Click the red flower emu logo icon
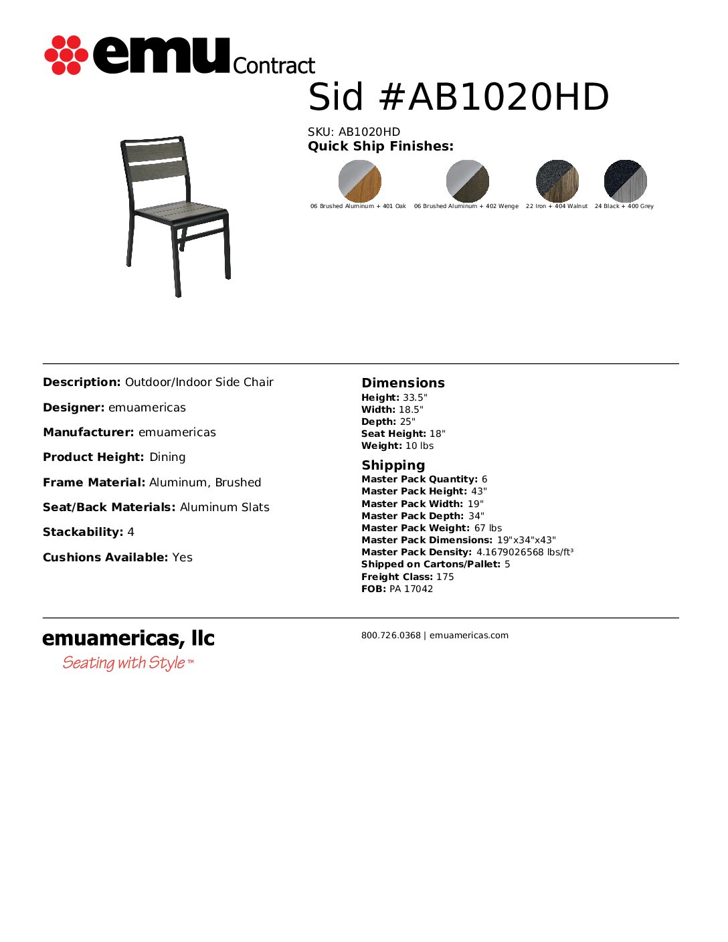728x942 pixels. coord(66,55)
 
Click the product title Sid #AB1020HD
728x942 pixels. coord(458,98)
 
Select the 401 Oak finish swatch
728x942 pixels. coord(359,181)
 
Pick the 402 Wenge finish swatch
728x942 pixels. coord(467,181)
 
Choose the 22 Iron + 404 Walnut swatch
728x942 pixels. coord(557,181)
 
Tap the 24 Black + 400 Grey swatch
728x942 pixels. coord(625,181)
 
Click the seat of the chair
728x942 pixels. coord(181,212)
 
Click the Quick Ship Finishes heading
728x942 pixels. coord(380,147)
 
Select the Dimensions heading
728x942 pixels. coord(403,383)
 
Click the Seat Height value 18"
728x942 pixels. coord(437,434)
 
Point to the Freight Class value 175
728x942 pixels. coord(445,577)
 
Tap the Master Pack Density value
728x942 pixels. coord(525,552)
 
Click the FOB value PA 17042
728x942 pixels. coord(411,589)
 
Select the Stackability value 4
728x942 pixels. coord(131,532)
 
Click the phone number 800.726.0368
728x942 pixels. coord(391,636)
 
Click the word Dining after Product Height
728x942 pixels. coord(167,457)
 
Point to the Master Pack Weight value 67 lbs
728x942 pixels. coord(488,528)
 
